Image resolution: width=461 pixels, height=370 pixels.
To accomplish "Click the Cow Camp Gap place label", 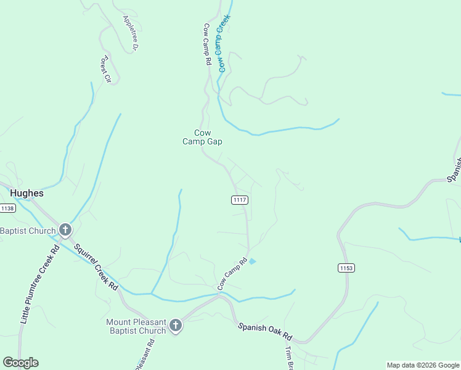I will point(202,137).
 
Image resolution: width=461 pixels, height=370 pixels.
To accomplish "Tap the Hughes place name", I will point(27,193).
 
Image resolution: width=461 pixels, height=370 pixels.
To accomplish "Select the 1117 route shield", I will point(240,200).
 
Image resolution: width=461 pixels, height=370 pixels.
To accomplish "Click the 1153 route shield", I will point(346,268).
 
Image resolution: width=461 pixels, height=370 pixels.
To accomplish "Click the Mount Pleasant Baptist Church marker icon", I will point(176,326).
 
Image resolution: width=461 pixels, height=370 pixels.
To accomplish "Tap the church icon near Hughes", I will point(65,231).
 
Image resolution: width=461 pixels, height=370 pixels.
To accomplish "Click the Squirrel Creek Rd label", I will point(96,266).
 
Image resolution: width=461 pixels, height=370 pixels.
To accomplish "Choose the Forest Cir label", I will point(105,69).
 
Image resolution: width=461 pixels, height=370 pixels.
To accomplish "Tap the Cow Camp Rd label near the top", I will point(207,45).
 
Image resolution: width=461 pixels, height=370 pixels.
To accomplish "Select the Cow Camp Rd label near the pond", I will point(232,274).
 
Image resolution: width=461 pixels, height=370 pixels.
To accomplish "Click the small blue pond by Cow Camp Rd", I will point(251,261).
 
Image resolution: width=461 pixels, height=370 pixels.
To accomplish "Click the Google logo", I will point(20,363).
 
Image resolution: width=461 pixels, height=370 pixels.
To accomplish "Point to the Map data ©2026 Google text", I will point(423,365).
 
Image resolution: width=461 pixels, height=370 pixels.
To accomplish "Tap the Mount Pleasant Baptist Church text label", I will point(136,326).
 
